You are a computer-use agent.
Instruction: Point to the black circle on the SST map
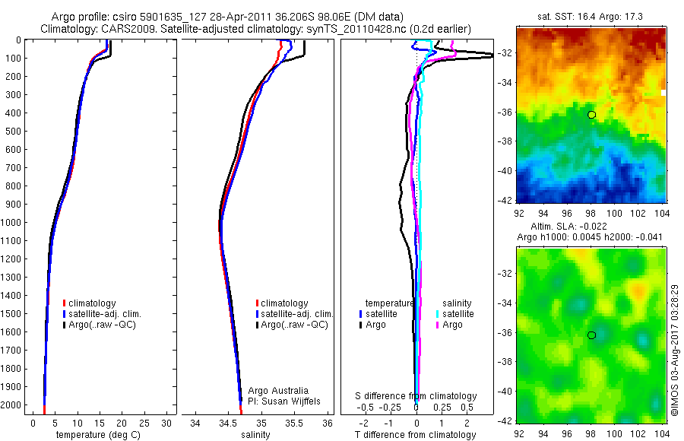pos(591,115)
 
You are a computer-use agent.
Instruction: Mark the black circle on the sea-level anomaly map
pos(591,335)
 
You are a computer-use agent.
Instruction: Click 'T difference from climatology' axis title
pos(416,435)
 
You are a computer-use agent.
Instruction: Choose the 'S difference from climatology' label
pos(416,396)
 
